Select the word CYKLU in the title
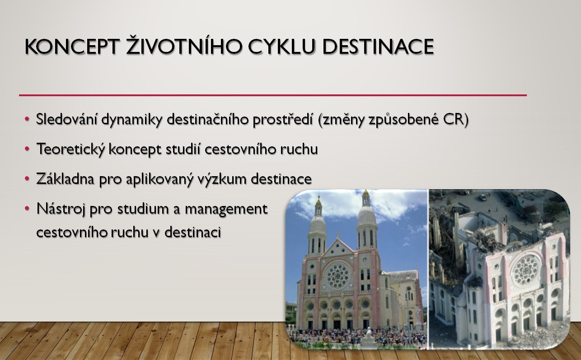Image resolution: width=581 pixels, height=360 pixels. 281,47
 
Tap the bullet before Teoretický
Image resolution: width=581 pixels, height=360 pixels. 27,149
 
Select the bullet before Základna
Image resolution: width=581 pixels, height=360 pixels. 27,179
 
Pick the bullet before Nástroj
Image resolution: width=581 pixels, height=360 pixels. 27,209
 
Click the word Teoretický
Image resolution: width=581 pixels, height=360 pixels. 71,150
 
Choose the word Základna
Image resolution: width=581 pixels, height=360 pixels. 65,179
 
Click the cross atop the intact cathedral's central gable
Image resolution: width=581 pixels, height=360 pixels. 338,235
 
